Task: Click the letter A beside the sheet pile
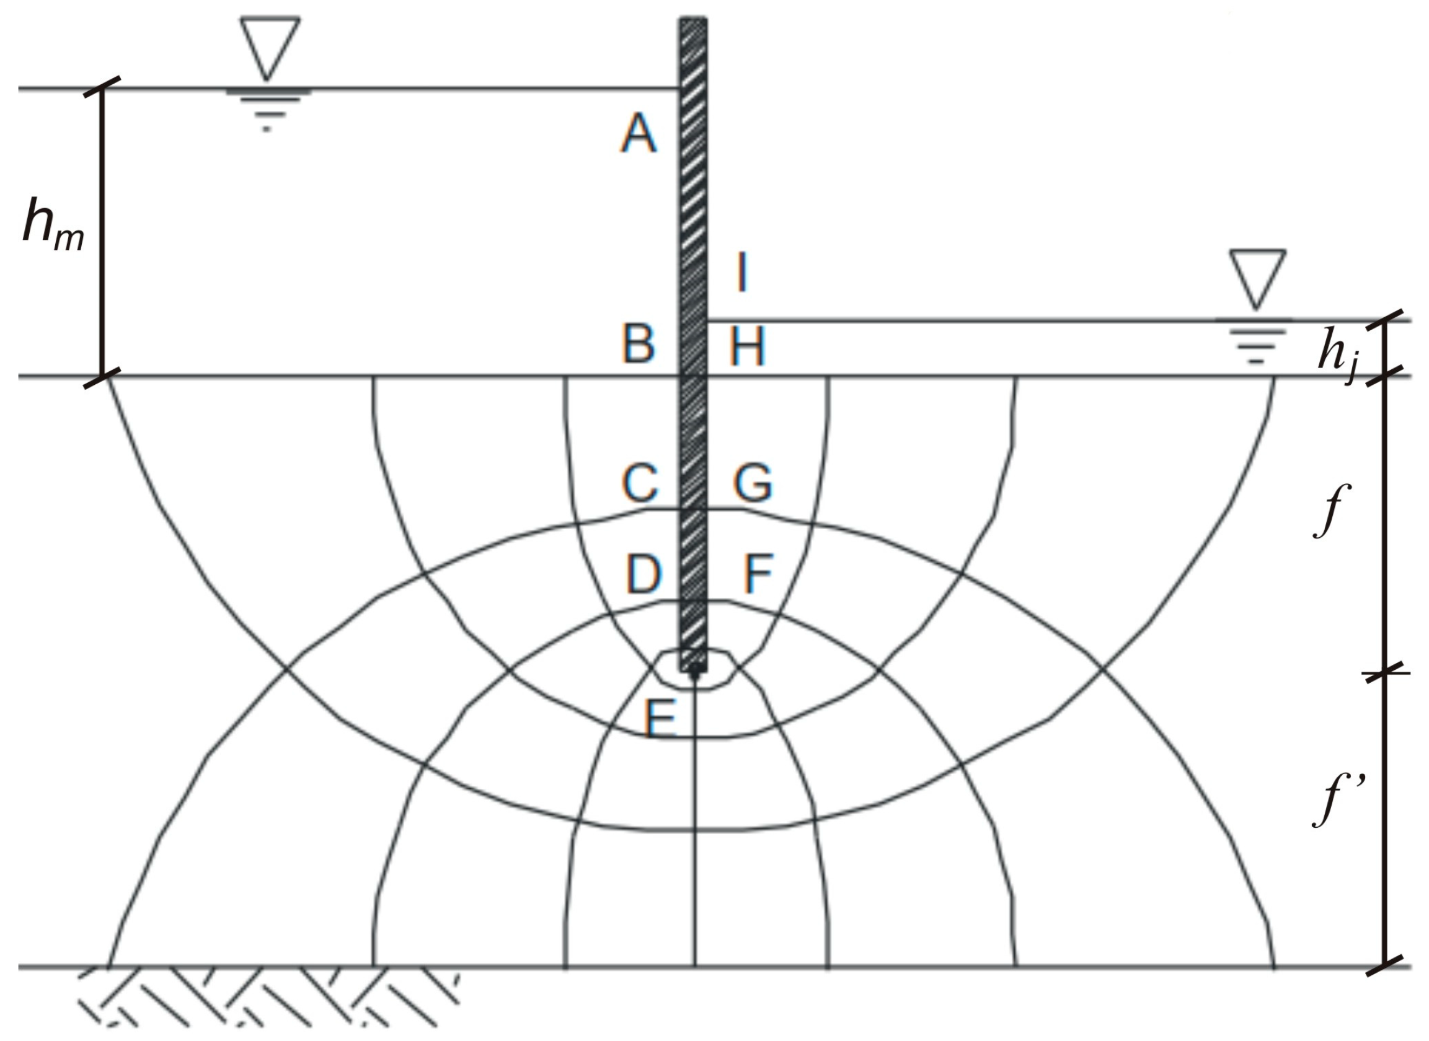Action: pyautogui.click(x=639, y=133)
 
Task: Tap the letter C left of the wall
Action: pyautogui.click(x=640, y=483)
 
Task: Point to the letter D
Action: pyautogui.click(x=643, y=574)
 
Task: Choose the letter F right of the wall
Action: pyautogui.click(x=758, y=574)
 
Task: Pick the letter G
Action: pyautogui.click(x=753, y=483)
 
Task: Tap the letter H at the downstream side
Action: pyautogui.click(x=748, y=346)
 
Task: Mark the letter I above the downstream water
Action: pyautogui.click(x=743, y=273)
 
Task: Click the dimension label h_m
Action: pyautogui.click(x=53, y=225)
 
